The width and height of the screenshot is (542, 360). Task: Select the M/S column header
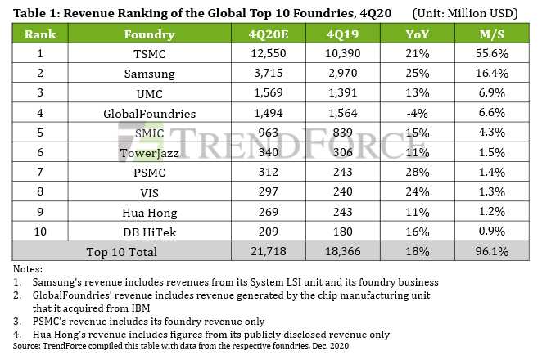(x=492, y=34)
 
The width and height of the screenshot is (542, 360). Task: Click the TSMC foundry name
(x=149, y=53)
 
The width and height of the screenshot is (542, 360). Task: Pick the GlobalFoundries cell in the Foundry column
(x=149, y=110)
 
